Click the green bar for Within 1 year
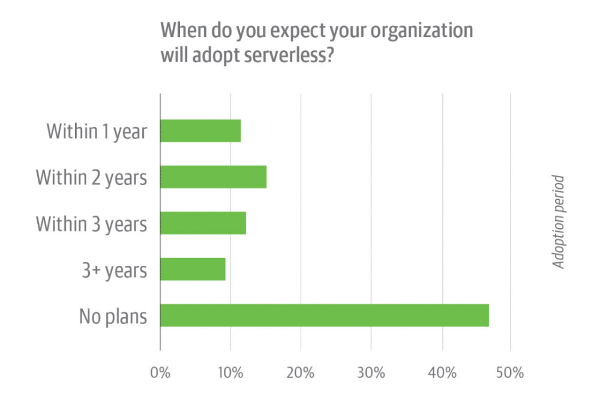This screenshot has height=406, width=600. (200, 131)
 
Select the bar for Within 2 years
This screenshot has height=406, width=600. (213, 177)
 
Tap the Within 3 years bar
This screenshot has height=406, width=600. (203, 223)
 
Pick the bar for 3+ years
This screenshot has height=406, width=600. (193, 269)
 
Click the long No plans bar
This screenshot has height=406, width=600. (324, 315)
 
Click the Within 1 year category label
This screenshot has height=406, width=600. (97, 131)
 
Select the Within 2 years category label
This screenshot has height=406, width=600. (91, 177)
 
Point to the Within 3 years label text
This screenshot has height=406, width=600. (91, 223)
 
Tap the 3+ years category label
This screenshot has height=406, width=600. (114, 270)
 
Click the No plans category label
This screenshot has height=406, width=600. (113, 316)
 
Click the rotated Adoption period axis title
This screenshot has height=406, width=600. (559, 222)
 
